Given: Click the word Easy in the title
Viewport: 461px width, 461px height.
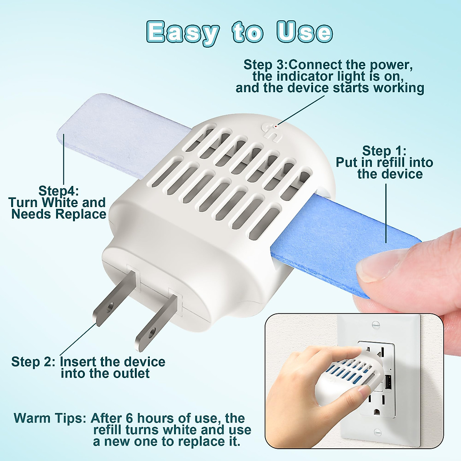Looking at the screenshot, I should (183, 32).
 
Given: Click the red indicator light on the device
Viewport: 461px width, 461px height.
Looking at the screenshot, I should (276, 126).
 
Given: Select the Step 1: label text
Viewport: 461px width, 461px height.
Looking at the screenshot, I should (384, 151).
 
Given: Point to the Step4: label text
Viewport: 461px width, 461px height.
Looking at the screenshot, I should (58, 191).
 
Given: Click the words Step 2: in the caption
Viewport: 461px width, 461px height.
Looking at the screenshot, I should (33, 362).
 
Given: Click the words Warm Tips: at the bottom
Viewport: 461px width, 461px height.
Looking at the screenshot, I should (50, 418).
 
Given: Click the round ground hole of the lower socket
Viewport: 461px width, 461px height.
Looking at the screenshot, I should (377, 412).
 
